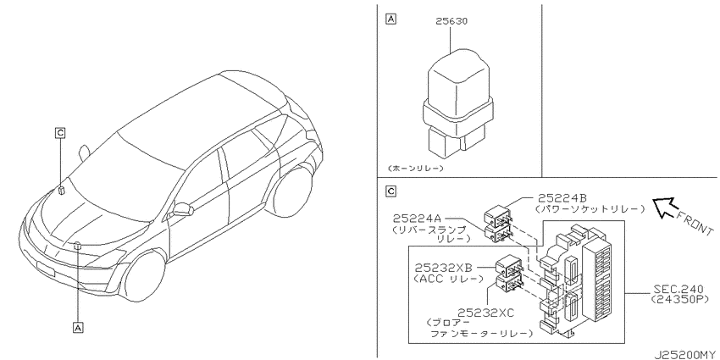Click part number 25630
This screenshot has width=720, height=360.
pos(451,21)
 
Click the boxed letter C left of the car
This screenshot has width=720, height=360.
pos(59,133)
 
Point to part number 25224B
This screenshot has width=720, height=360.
pos(563,199)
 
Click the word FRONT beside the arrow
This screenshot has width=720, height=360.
pos(695,223)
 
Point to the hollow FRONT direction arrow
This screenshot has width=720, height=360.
pos(663,205)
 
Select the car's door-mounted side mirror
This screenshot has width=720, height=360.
pos(182,209)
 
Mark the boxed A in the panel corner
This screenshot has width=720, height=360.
pos(390,19)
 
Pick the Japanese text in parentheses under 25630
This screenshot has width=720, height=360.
pos(416,168)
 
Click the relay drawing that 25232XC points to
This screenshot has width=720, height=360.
pos(508,284)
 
